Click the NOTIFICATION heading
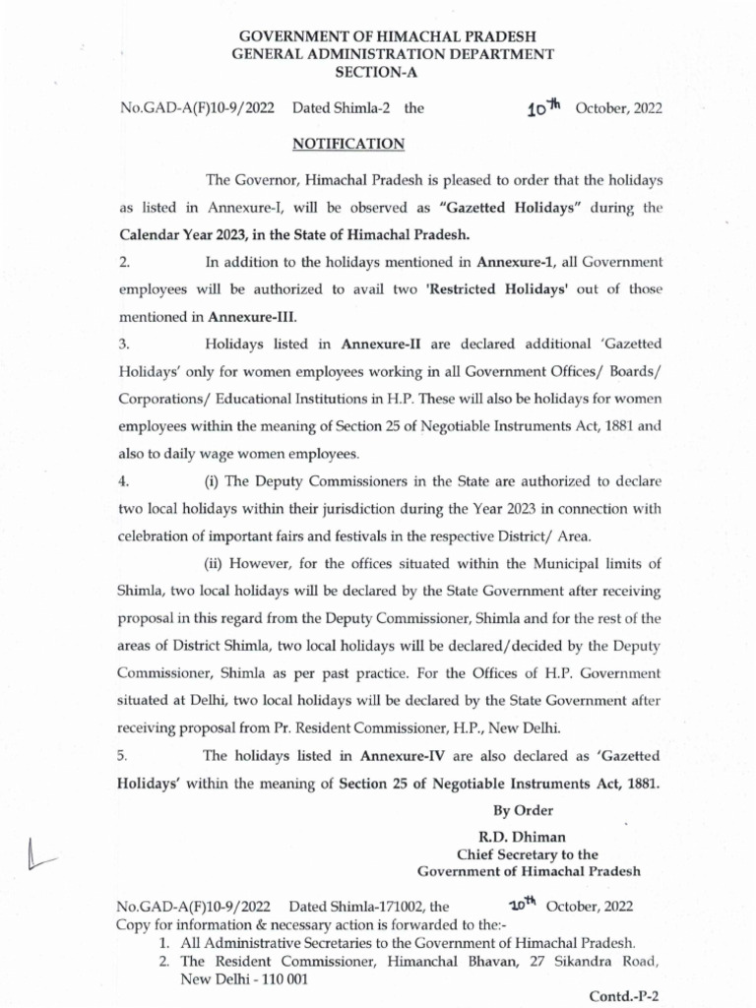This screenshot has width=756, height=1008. (x=349, y=144)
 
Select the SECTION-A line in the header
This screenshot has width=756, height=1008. (x=377, y=73)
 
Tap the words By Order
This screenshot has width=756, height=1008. (x=523, y=810)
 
